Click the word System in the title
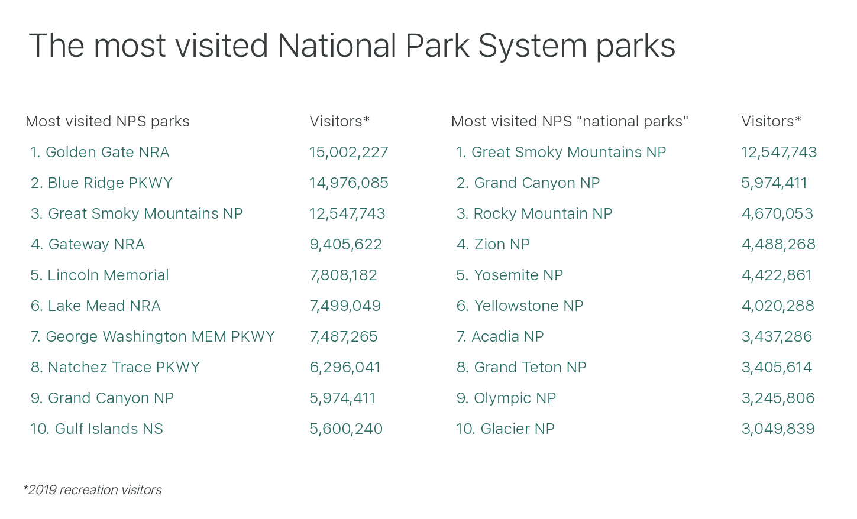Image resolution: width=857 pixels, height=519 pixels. coord(532,47)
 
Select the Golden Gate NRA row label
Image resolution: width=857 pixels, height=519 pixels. coord(99,153)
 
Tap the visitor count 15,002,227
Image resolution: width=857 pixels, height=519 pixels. coord(348,153)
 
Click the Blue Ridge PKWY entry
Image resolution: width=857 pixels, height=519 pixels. coord(101,183)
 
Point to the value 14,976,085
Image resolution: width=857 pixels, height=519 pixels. coord(348,183)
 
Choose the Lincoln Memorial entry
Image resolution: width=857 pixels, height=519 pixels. coord(99,275)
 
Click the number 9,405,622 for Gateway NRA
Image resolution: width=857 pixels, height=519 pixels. coord(345,245)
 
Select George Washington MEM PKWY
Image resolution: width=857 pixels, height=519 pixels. coord(153,336)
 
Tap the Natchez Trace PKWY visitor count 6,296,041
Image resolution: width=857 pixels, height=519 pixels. coord(345,368)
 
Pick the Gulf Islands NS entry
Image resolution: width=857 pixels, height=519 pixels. coord(96,429)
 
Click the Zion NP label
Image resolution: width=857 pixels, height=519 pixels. coord(493,244)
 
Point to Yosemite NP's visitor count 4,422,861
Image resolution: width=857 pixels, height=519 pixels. coord(777,275)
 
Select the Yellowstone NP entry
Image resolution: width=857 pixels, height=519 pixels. coord(519,306)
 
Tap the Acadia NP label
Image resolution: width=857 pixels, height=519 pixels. coord(500,336)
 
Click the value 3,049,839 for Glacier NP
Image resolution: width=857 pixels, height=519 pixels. coord(778,429)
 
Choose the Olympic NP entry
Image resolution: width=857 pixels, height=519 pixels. coord(506,398)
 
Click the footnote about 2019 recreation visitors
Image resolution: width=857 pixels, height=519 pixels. coord(92,490)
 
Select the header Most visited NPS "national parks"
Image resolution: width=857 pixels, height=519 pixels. coord(570,122)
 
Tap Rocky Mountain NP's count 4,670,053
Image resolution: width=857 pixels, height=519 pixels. coord(777,214)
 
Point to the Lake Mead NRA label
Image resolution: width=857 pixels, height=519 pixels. coord(96,306)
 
